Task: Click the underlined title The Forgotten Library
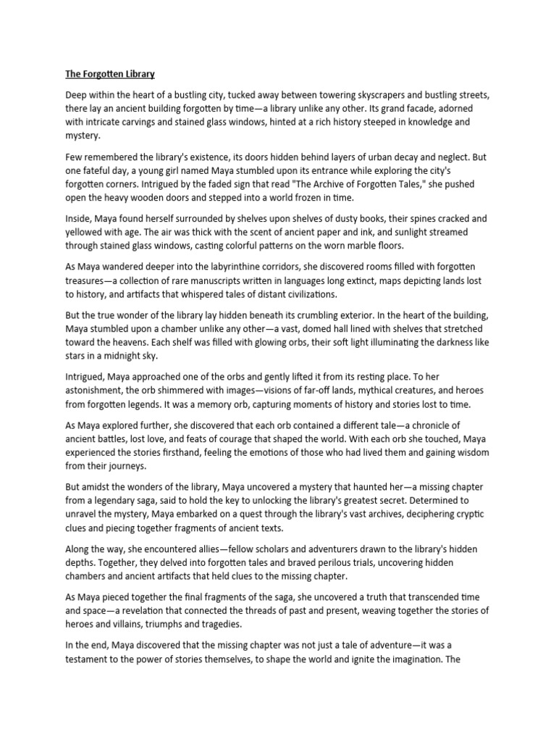[x=110, y=74]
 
